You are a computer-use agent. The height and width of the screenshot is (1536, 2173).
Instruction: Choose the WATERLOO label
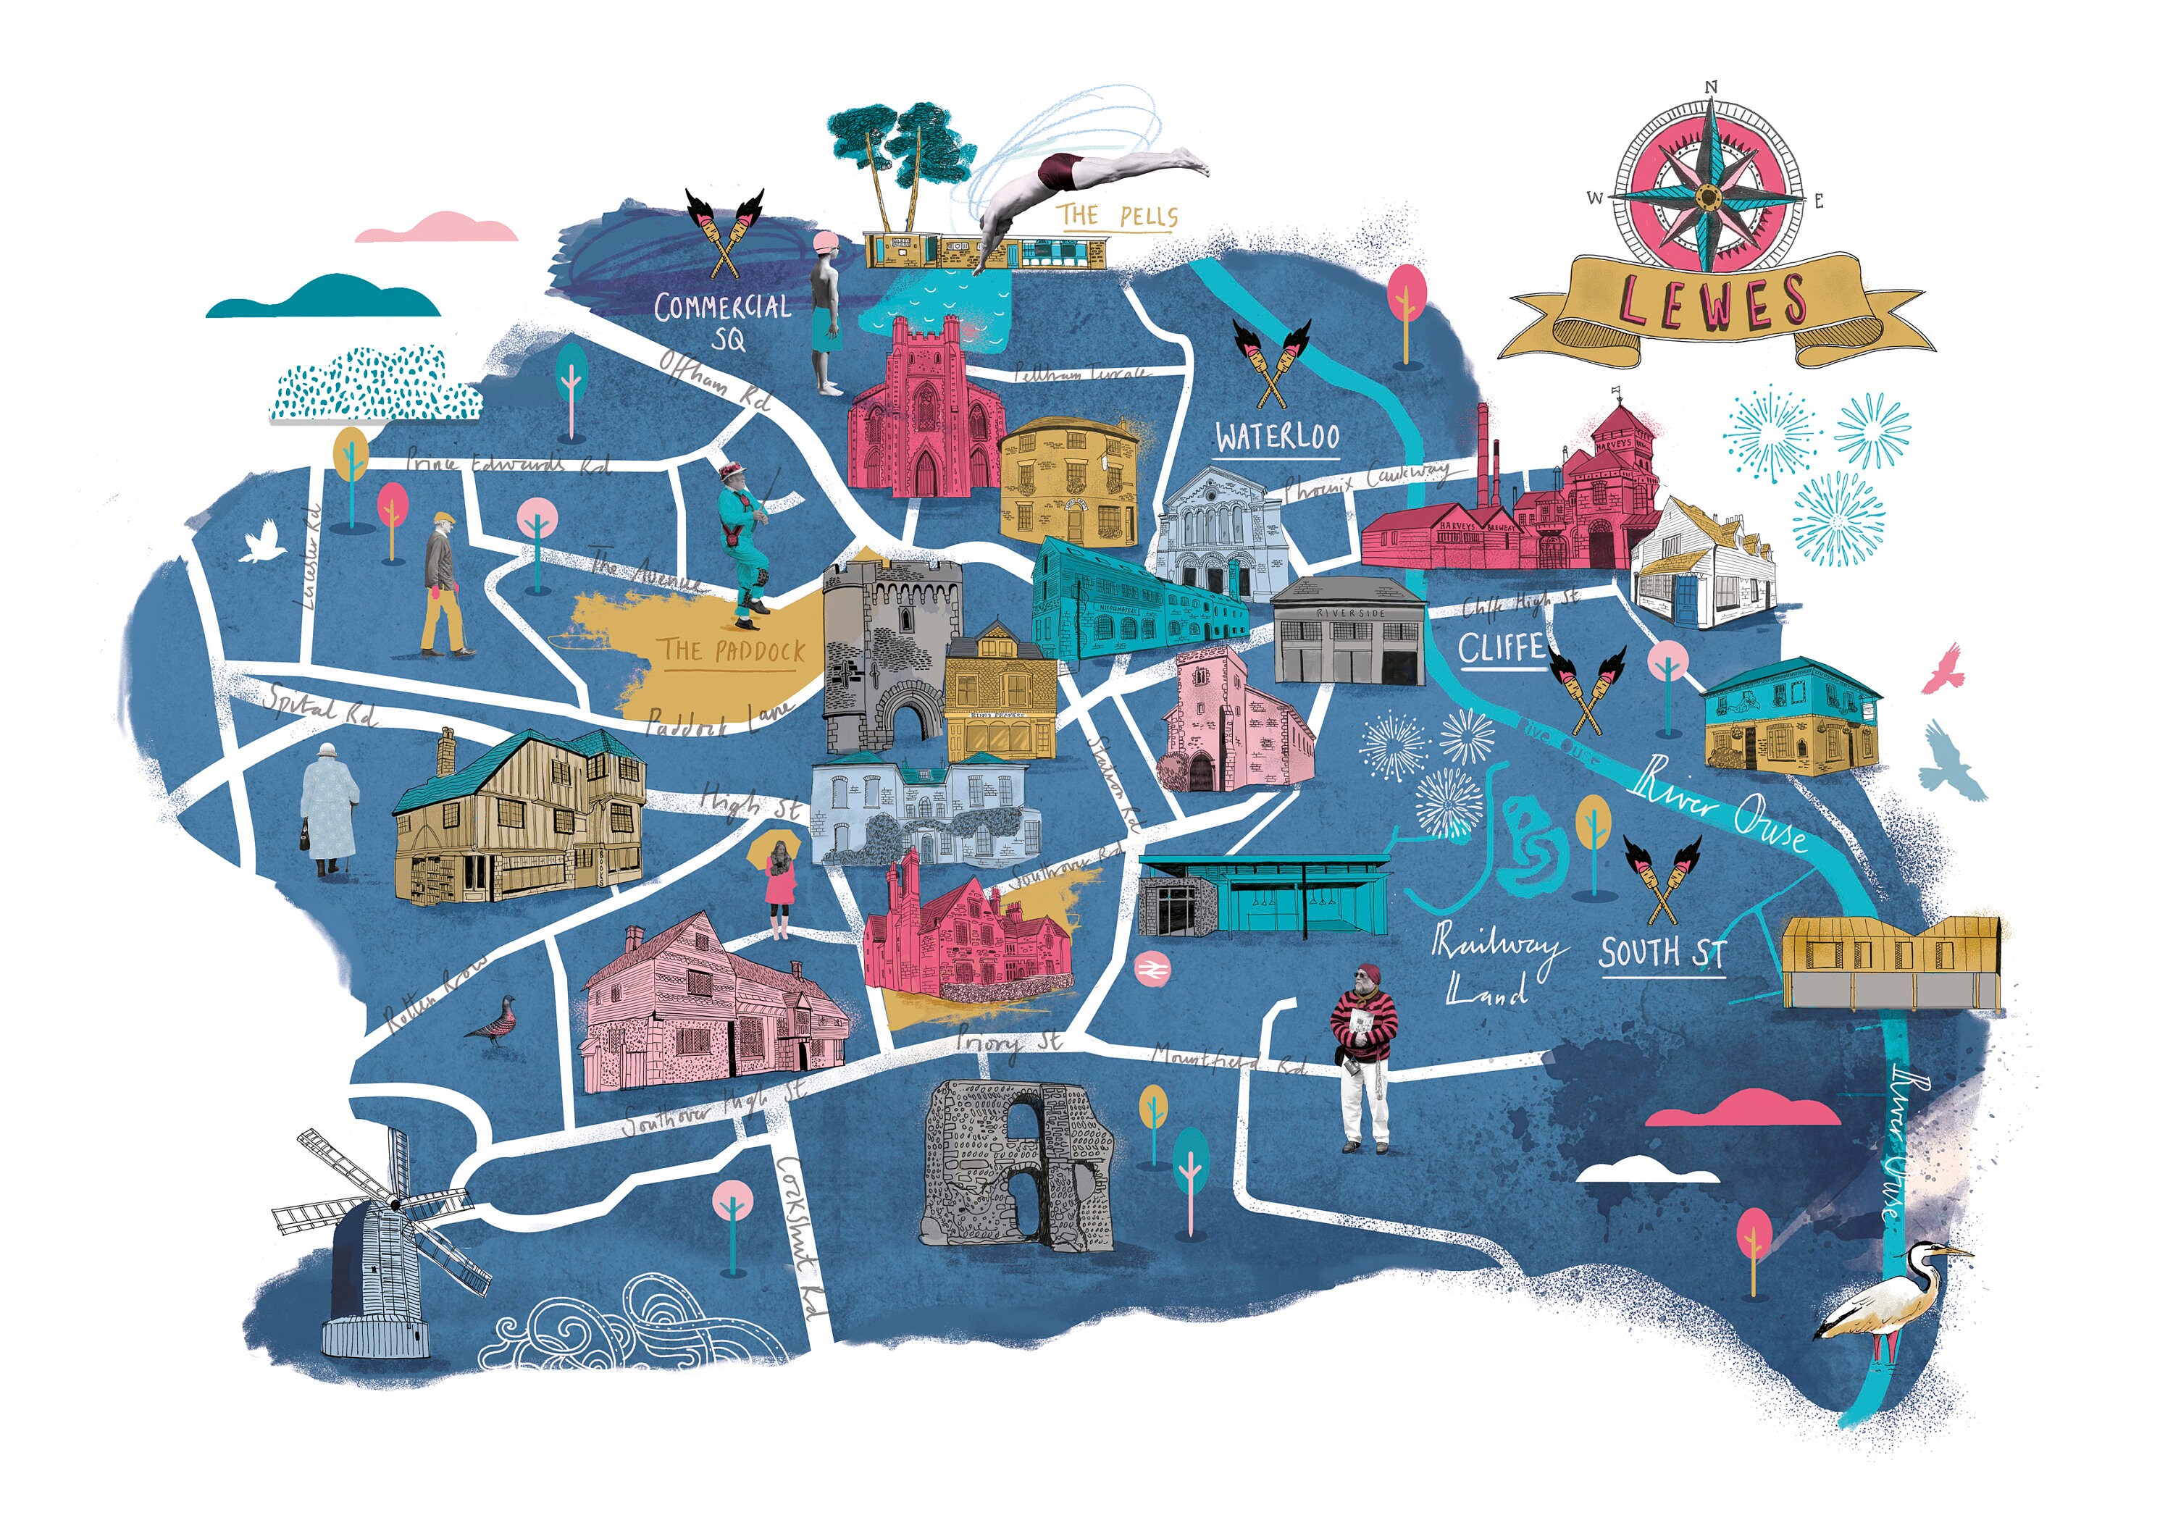1277,437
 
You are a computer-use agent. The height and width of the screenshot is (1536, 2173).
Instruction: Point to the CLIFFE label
1501,649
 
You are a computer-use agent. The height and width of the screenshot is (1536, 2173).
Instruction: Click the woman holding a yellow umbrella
779,885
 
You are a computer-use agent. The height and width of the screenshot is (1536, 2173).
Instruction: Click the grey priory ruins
1018,1164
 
